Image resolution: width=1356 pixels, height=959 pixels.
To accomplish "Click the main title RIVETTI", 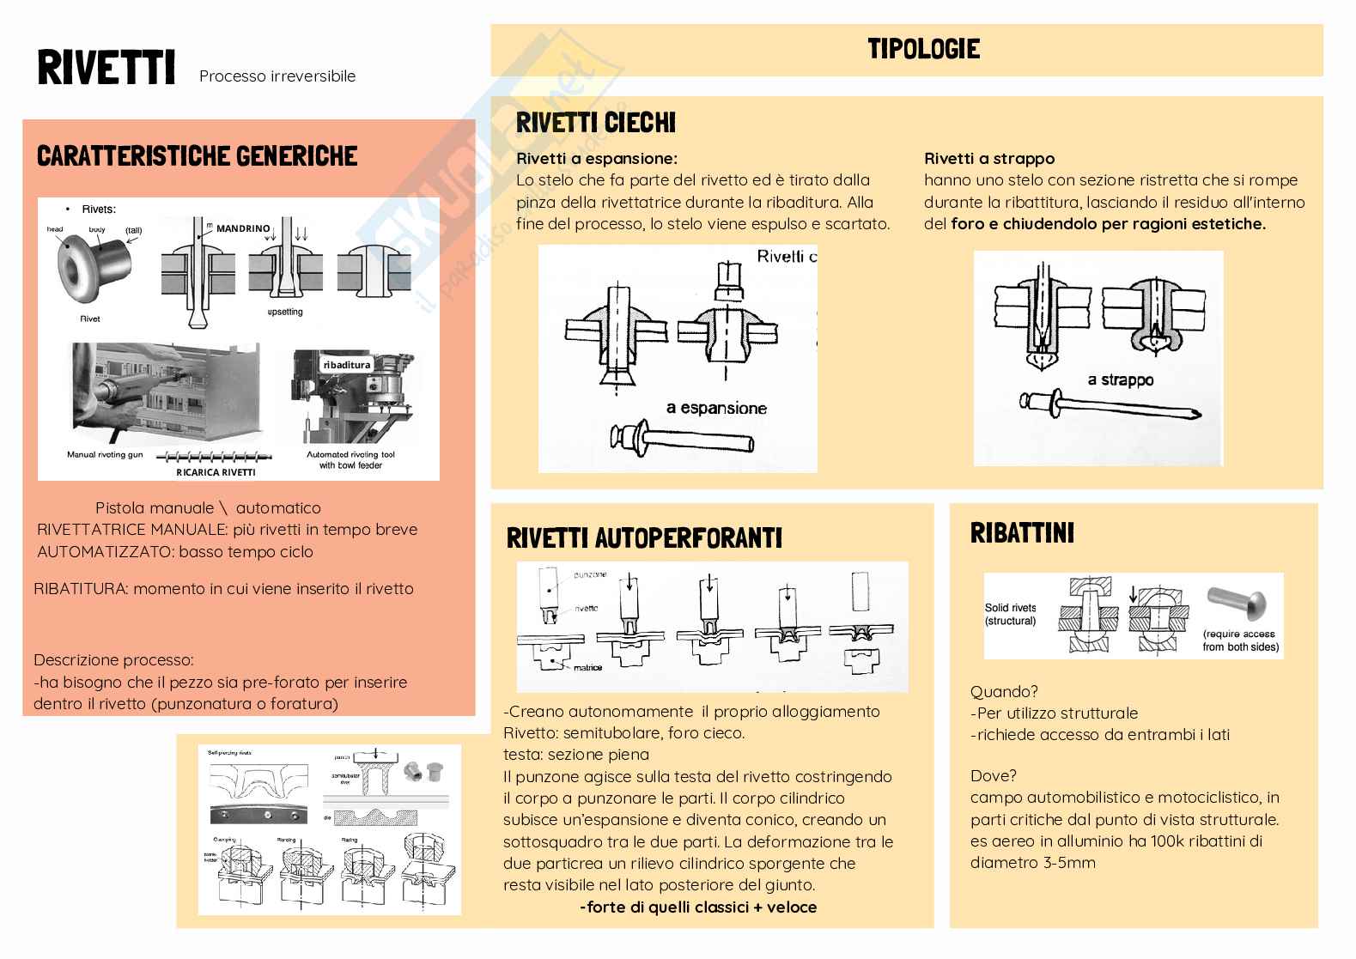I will click(106, 69).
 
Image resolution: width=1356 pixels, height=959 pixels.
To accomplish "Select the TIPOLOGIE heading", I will click(923, 48).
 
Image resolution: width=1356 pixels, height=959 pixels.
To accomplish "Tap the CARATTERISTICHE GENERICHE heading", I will click(197, 156).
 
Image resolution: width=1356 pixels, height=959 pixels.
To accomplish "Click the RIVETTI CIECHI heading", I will click(596, 123).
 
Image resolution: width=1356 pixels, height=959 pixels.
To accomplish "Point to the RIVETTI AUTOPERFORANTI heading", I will click(644, 538).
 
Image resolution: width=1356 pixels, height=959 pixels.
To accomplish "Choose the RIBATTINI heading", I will click(1022, 533).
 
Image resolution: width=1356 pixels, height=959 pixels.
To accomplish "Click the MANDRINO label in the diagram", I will click(243, 229).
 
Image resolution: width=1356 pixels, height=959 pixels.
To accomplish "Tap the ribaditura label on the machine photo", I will click(347, 365).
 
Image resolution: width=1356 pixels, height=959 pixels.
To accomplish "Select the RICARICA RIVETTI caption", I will click(216, 471).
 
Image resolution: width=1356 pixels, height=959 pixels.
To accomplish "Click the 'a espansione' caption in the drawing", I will click(716, 408).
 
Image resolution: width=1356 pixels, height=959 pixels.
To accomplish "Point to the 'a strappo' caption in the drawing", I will click(1120, 379).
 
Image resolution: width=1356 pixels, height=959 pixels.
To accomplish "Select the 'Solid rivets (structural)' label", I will click(1010, 614).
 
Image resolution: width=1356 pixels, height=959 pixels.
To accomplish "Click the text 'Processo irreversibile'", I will click(277, 76).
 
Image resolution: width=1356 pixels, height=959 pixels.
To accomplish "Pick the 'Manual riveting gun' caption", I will click(105, 454).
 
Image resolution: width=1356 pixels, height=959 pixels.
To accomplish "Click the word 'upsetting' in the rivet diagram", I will click(285, 312).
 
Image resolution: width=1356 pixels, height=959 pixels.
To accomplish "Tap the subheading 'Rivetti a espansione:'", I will click(597, 159).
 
